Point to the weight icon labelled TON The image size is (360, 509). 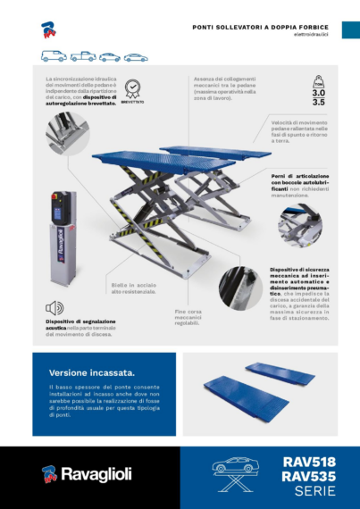point(318,79)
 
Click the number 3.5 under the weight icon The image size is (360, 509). point(318,103)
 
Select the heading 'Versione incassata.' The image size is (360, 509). point(80,371)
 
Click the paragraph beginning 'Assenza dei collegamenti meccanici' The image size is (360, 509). point(225,87)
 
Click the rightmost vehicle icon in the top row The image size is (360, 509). point(136,57)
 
